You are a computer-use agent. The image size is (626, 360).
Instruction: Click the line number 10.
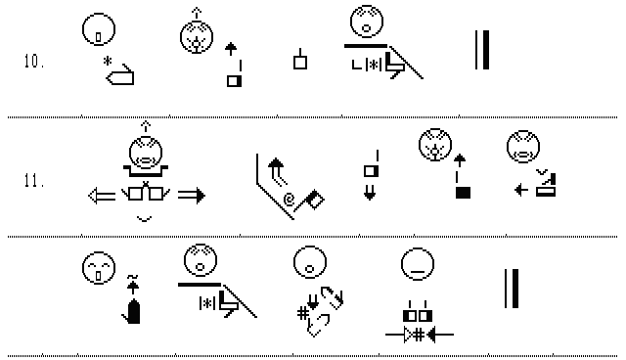34,62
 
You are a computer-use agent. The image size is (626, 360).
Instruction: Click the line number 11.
34,181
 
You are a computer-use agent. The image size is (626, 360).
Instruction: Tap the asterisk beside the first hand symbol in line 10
107,62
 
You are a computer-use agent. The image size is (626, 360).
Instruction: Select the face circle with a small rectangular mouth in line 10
99,29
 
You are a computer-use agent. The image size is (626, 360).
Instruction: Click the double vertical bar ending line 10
482,50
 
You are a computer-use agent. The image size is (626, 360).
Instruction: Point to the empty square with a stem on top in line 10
300,60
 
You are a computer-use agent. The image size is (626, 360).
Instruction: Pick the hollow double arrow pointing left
102,196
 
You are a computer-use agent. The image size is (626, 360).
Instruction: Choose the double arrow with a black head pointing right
192,196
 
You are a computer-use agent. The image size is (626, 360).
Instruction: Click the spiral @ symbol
289,199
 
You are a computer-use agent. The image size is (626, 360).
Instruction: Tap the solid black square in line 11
463,193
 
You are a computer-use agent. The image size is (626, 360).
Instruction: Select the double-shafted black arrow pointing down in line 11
370,192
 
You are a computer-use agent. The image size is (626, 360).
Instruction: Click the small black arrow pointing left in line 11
521,189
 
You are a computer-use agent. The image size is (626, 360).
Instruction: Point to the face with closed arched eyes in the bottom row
99,268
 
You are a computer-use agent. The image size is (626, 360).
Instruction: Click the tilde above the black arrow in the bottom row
133,277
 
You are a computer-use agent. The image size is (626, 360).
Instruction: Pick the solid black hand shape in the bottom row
132,311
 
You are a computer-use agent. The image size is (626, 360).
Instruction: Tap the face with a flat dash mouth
418,264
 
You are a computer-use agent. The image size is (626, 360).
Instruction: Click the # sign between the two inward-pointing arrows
419,335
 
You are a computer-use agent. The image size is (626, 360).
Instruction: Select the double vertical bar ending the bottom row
512,289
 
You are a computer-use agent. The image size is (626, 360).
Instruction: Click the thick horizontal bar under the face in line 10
366,46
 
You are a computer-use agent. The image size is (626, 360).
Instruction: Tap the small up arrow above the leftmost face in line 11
146,126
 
